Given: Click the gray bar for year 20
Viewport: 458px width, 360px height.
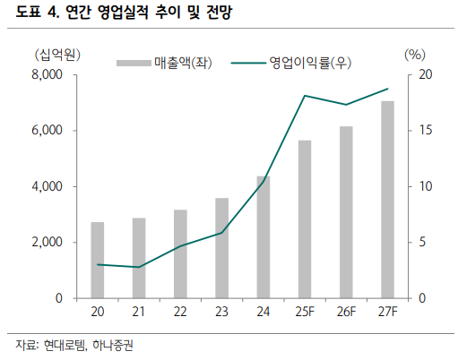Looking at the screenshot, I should [x=98, y=260].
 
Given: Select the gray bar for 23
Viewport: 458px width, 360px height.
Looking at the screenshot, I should [x=221, y=248].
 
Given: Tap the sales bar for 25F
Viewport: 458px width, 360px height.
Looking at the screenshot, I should [x=305, y=219].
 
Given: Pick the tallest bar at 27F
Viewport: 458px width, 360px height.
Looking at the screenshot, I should [x=387, y=200].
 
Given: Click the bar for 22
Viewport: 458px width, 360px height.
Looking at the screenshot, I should [x=180, y=254].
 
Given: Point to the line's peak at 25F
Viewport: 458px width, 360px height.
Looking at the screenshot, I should [x=305, y=96].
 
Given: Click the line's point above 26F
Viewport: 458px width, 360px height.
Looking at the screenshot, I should [x=346, y=105].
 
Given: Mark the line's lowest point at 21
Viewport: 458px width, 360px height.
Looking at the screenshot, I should [x=139, y=267].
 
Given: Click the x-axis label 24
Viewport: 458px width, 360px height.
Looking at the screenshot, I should [x=263, y=313].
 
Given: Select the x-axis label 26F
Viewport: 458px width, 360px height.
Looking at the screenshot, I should [x=346, y=313].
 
